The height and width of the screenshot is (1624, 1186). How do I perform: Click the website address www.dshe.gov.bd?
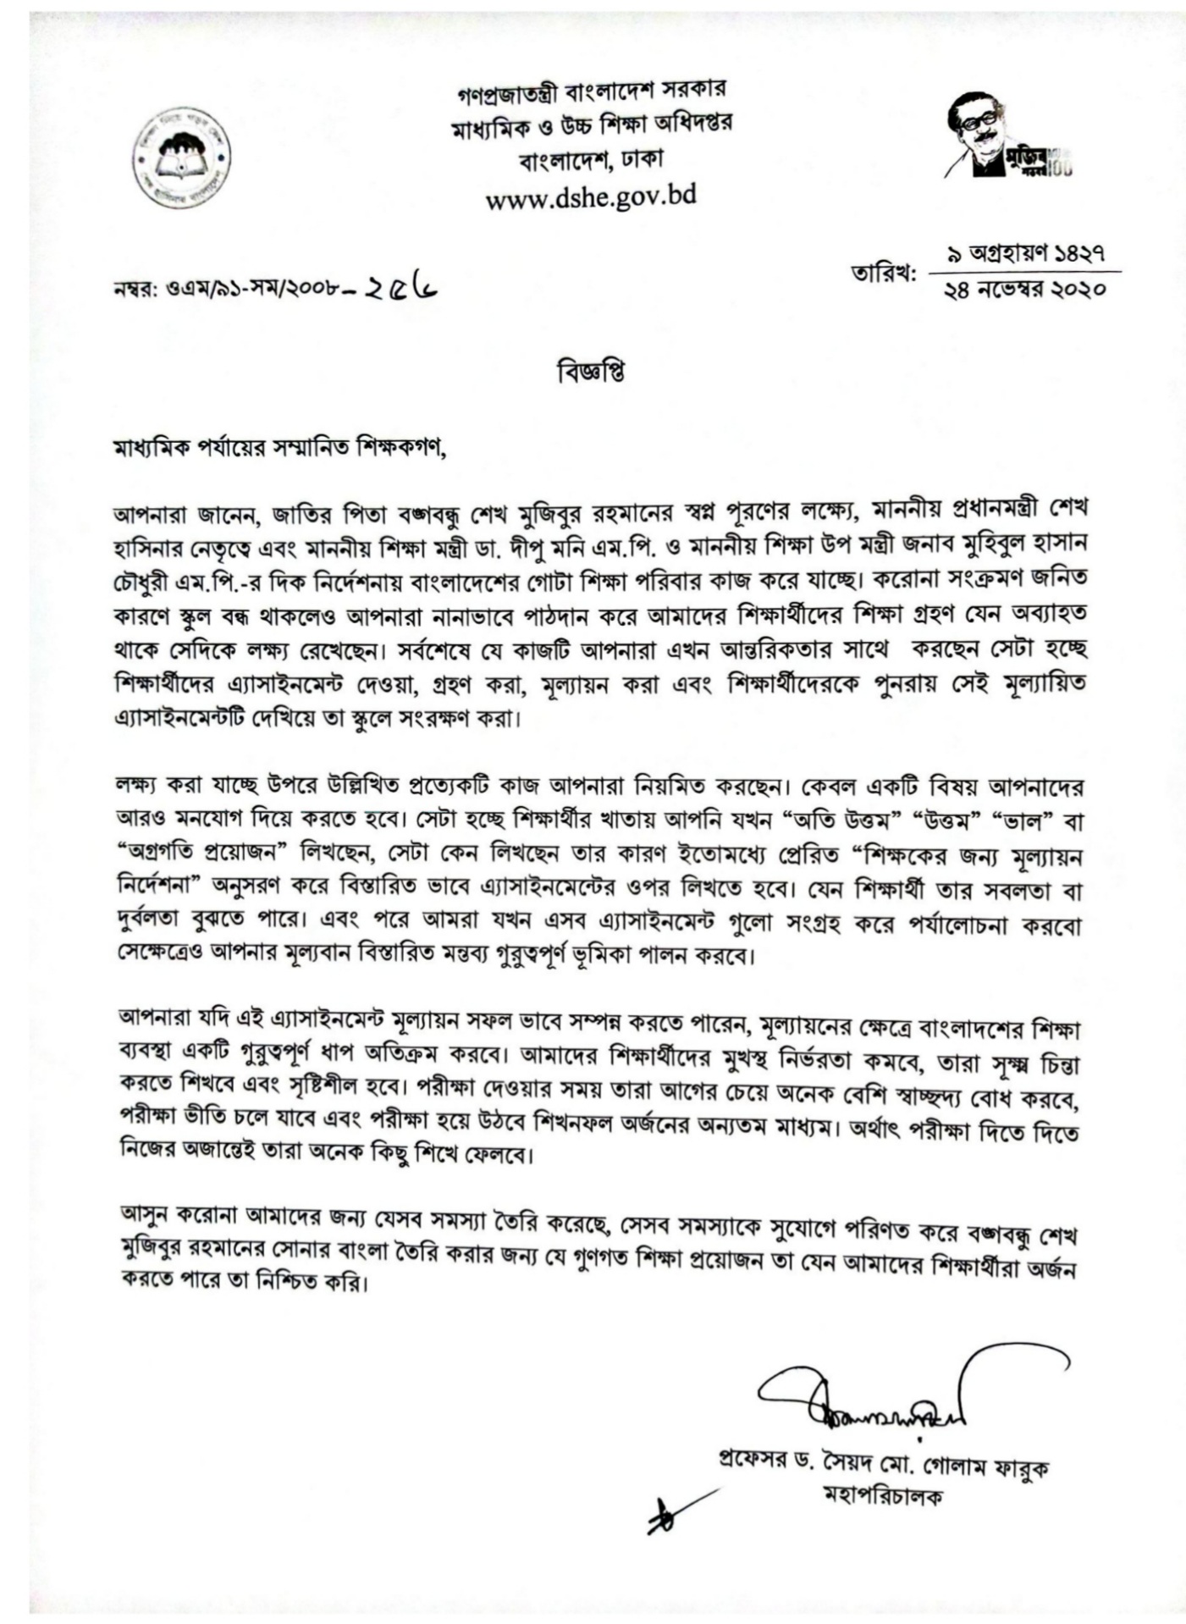pyautogui.click(x=590, y=196)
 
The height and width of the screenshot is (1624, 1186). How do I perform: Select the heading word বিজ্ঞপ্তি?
pyautogui.click(x=591, y=372)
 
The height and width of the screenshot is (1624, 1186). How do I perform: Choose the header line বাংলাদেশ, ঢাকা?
pyautogui.click(x=590, y=158)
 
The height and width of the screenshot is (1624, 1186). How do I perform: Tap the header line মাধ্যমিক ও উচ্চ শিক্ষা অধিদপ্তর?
pyautogui.click(x=590, y=124)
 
